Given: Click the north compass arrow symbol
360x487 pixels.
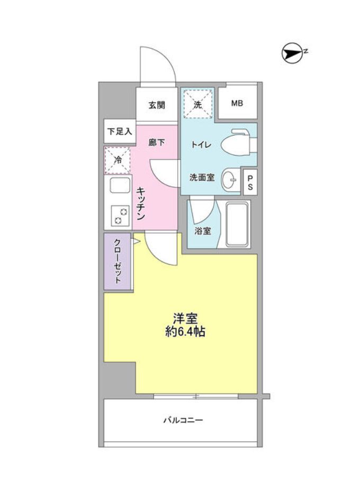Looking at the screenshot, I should pyautogui.click(x=291, y=52).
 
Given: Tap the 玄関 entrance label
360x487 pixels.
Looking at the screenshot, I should pyautogui.click(x=156, y=105).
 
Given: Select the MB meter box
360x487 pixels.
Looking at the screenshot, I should pyautogui.click(x=237, y=103).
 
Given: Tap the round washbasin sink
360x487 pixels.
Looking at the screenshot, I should pyautogui.click(x=231, y=179).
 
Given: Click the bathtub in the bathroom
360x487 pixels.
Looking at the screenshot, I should pyautogui.click(x=236, y=224).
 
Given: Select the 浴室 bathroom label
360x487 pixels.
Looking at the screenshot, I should pyautogui.click(x=202, y=231).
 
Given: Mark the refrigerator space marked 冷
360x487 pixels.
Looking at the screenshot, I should pyautogui.click(x=118, y=159).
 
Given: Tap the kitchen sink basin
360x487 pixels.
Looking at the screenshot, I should pyautogui.click(x=120, y=187).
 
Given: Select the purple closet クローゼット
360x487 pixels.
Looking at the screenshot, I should pyautogui.click(x=117, y=261).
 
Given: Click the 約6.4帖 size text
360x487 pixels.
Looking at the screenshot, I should pyautogui.click(x=185, y=332).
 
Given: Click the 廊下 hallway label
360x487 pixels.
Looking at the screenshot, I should pyautogui.click(x=156, y=142).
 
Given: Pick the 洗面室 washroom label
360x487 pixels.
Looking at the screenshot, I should pyautogui.click(x=202, y=178).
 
